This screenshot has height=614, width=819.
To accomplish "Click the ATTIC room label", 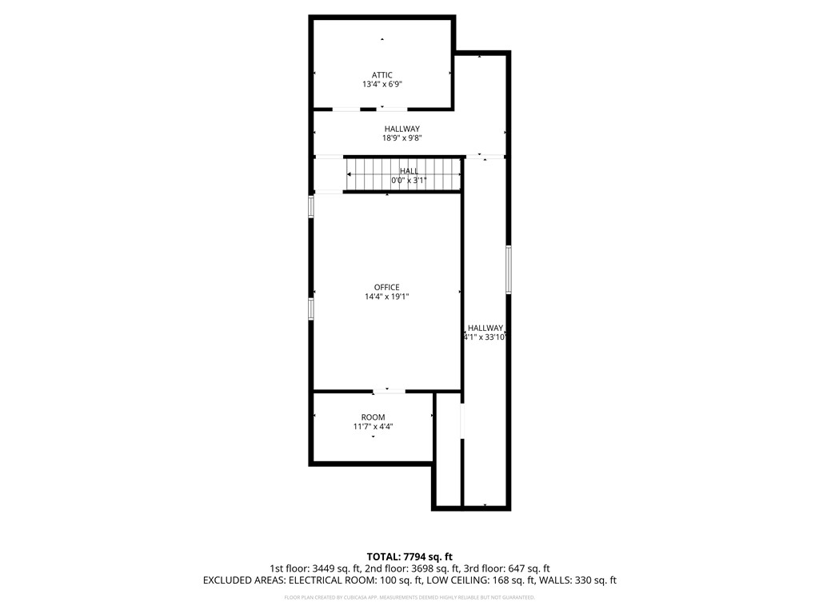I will pos(382,75).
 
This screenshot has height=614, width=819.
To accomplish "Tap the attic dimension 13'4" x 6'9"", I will pos(382,84).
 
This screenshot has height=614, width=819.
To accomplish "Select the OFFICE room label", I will pos(386,288).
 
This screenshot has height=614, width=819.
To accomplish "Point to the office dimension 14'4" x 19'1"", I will pos(386,297).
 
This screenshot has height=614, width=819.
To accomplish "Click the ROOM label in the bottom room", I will pos(373,417).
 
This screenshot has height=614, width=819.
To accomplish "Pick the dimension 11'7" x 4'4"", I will pos(373,427).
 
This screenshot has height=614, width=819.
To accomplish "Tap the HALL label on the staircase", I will pos(409,171).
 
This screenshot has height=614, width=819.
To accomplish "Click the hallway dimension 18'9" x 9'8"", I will pos(402,138).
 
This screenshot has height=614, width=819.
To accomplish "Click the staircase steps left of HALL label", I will pos(370,174).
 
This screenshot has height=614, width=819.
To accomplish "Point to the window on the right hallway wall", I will pos(508,269).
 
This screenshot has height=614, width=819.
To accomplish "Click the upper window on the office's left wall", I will pos(312,206).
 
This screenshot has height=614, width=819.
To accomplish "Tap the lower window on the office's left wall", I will pos(312,308).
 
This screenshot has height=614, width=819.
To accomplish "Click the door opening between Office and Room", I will pos(389,391).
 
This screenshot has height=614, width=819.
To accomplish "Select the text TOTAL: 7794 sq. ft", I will pos(409,556).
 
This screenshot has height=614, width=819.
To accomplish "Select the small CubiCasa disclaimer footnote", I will pos(409,597).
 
